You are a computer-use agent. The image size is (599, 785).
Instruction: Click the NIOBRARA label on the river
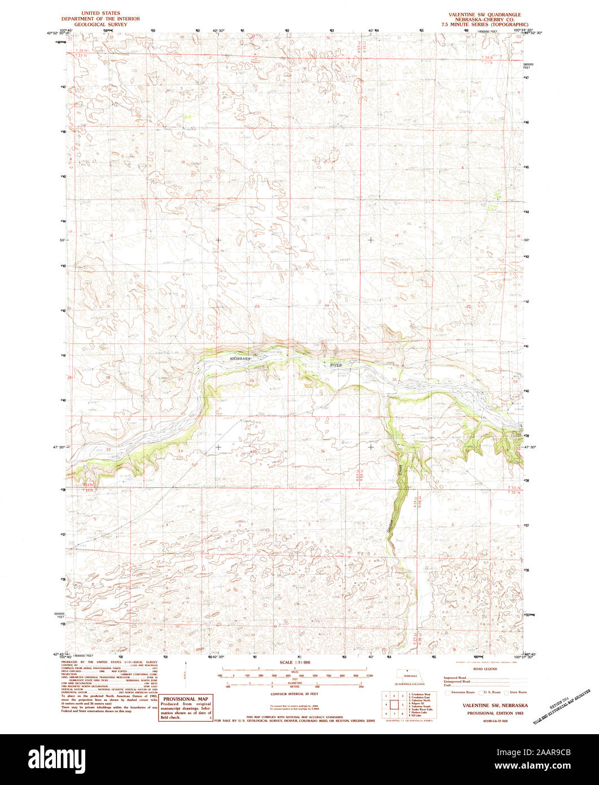(x=240, y=358)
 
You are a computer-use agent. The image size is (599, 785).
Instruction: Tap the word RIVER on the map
(x=336, y=366)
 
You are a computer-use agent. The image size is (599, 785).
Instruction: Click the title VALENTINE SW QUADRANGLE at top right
(x=485, y=14)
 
